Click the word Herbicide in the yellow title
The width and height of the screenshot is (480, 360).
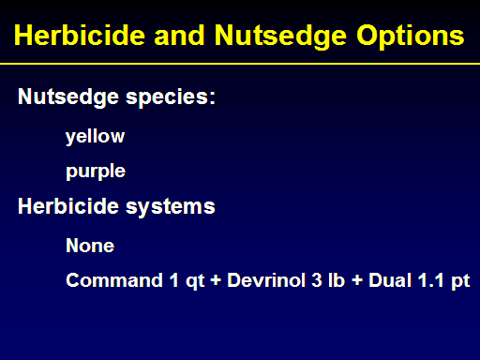point(80,36)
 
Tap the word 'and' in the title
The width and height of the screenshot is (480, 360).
point(179,36)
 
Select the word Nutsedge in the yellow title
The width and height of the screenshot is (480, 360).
point(280,37)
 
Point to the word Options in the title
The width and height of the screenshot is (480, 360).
point(411,37)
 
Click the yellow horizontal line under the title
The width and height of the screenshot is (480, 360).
point(240,64)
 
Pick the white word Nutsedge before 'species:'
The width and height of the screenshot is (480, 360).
point(68,97)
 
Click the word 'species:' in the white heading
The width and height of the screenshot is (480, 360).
point(171,97)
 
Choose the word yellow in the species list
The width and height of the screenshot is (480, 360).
point(96,137)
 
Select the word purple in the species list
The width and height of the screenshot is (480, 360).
point(96,172)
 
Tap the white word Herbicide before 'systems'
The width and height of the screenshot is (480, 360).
point(68,206)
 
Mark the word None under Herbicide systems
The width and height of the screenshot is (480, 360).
point(90,246)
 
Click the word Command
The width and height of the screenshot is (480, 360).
point(114,280)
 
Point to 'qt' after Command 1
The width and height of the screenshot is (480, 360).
point(195,281)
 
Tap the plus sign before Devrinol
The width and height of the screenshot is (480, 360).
point(216,280)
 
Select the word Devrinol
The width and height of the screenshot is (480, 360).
point(266,280)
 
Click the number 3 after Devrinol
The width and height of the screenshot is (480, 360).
point(317,280)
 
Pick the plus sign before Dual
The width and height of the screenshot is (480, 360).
point(357,280)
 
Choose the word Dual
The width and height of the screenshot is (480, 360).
point(390,280)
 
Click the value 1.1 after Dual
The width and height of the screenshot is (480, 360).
point(431,280)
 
